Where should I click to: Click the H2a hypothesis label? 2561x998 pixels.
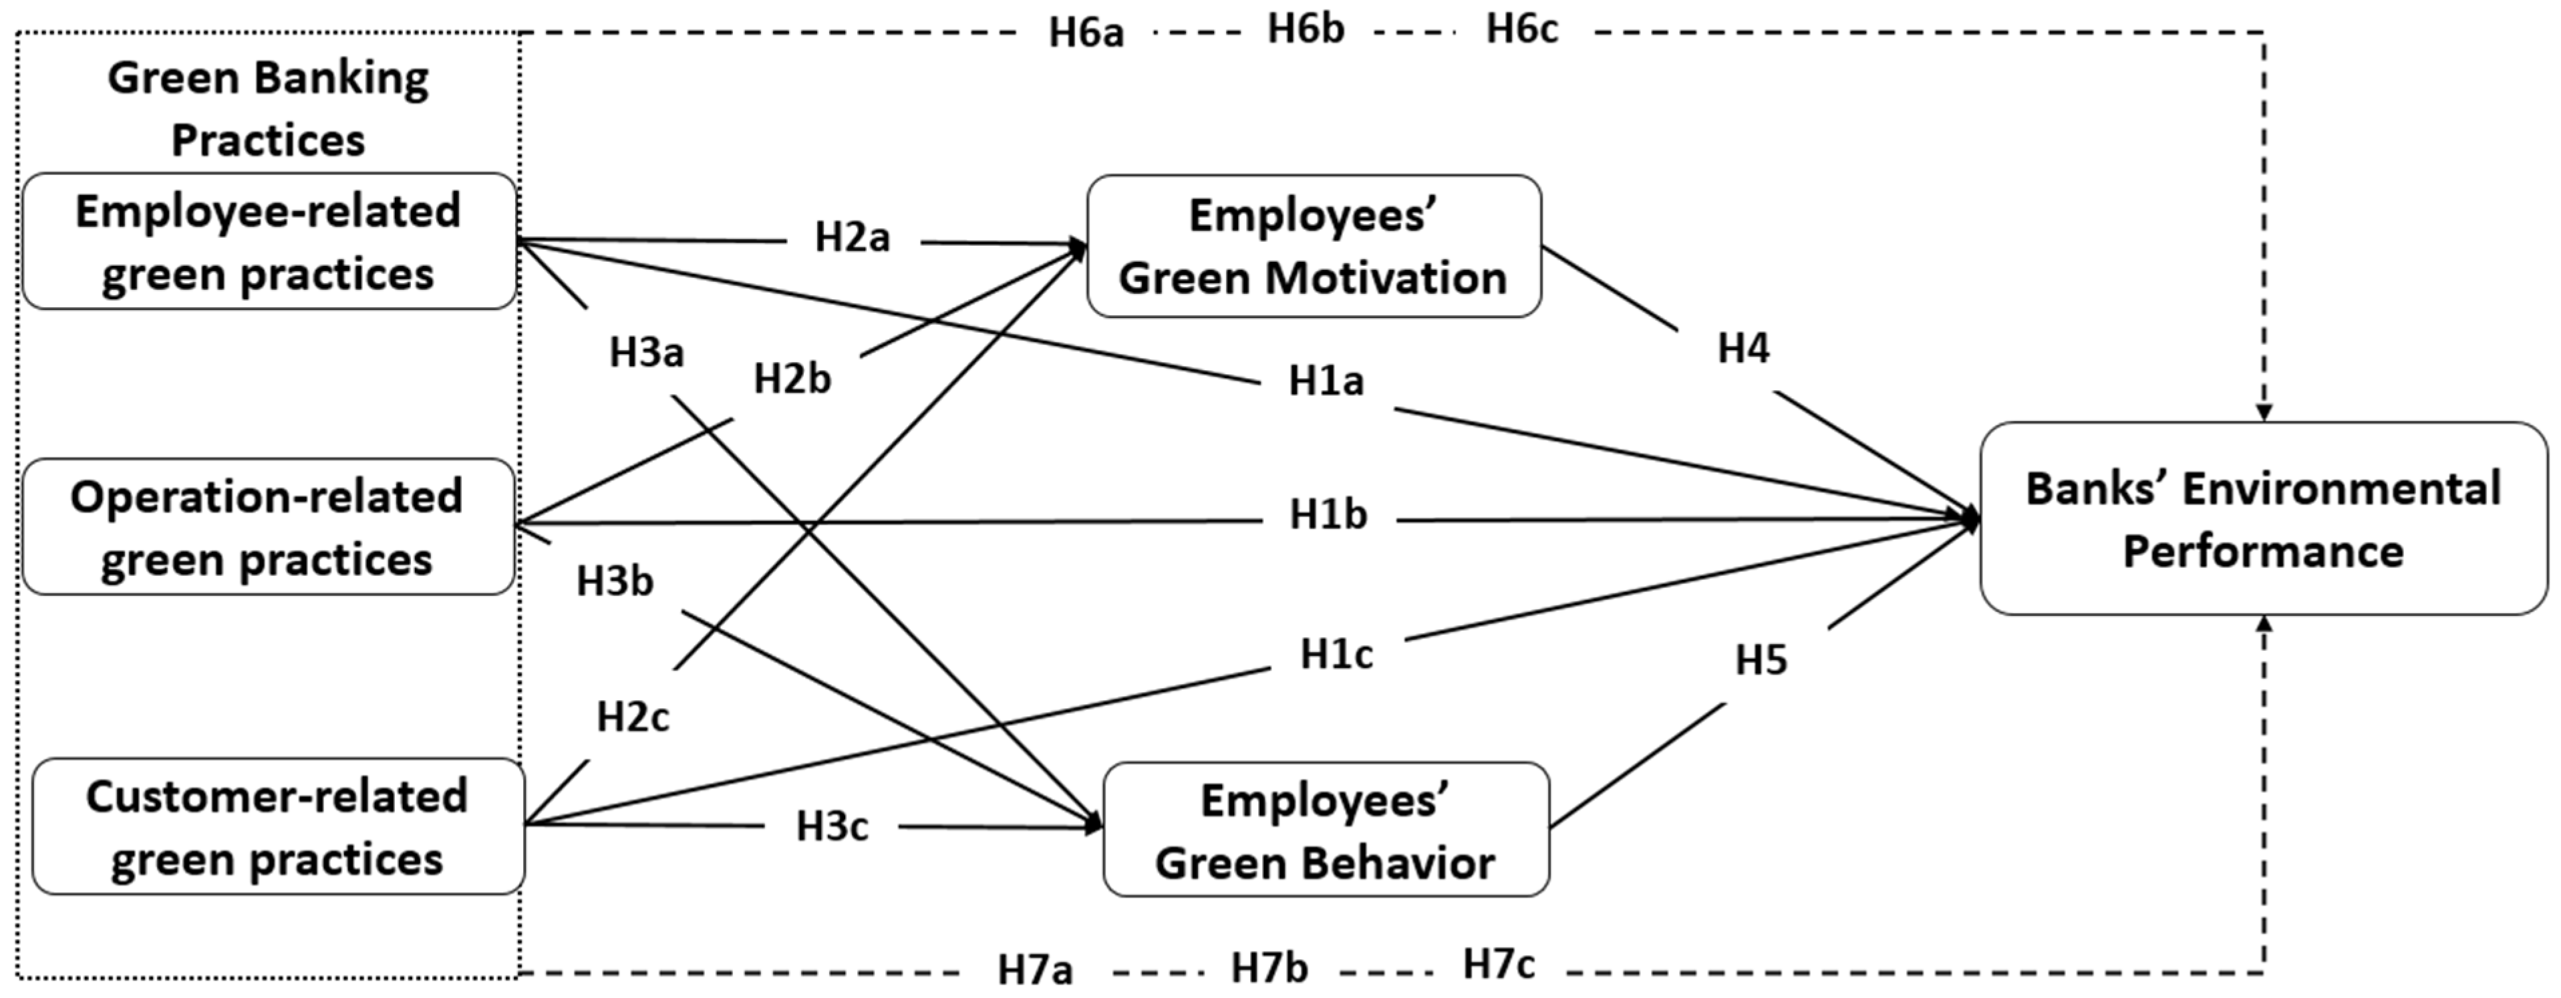pos(852,238)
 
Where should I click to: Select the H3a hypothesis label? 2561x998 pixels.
pos(646,353)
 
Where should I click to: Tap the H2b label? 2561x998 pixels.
pos(792,379)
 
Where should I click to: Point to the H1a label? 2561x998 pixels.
pos(1326,381)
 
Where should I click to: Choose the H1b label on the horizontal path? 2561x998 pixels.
pos(1328,515)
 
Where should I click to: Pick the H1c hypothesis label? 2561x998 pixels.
pos(1336,654)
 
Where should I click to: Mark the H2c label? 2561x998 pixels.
pos(632,717)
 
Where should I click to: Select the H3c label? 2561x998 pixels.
pos(832,826)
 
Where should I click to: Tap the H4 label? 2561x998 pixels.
pos(1744,349)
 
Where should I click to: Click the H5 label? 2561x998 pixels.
pos(1761,660)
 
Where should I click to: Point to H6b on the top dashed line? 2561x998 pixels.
pos(1306,30)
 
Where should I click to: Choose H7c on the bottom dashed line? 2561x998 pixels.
pos(1498,963)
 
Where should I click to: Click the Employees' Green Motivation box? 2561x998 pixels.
pos(1314,246)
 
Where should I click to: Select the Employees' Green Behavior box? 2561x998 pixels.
pos(1325,830)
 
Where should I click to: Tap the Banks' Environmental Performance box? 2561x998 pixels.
pos(2263,519)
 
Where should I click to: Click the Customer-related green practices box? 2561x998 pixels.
pos(277,827)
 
